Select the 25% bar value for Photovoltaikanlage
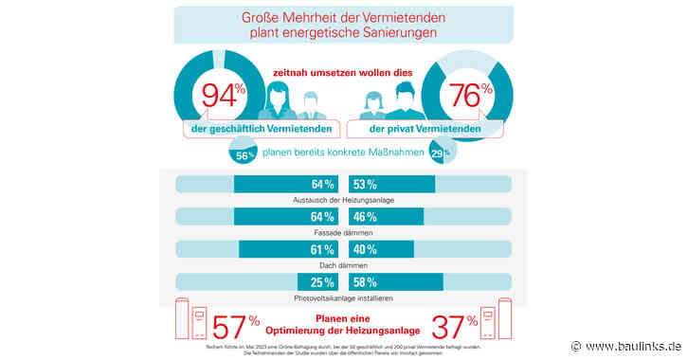[322, 282]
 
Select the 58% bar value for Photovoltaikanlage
[365, 282]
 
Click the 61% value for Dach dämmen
[322, 250]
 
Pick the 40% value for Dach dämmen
[365, 250]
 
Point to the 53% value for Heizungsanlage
[365, 184]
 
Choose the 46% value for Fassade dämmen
[365, 217]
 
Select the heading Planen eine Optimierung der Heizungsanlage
[343, 326]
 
